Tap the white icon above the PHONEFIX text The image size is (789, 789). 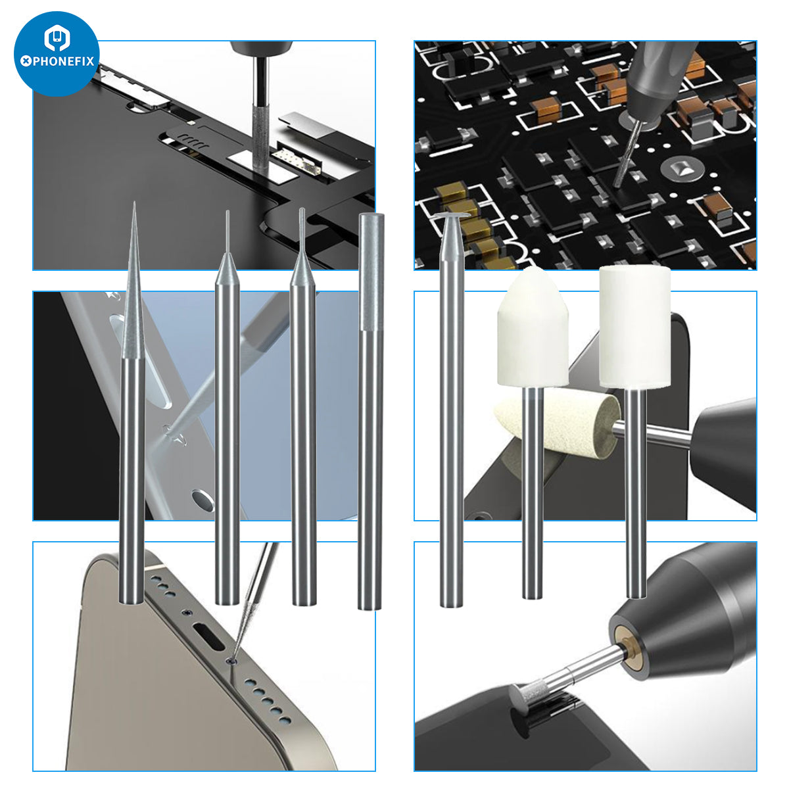point(57,37)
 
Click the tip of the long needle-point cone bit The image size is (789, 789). point(134,203)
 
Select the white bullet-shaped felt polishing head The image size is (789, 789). point(533,326)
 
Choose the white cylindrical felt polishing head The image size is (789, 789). point(634,326)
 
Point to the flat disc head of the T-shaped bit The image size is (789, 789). point(452,215)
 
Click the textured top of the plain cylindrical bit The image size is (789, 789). point(371,272)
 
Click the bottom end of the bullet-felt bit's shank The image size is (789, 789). point(533,597)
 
